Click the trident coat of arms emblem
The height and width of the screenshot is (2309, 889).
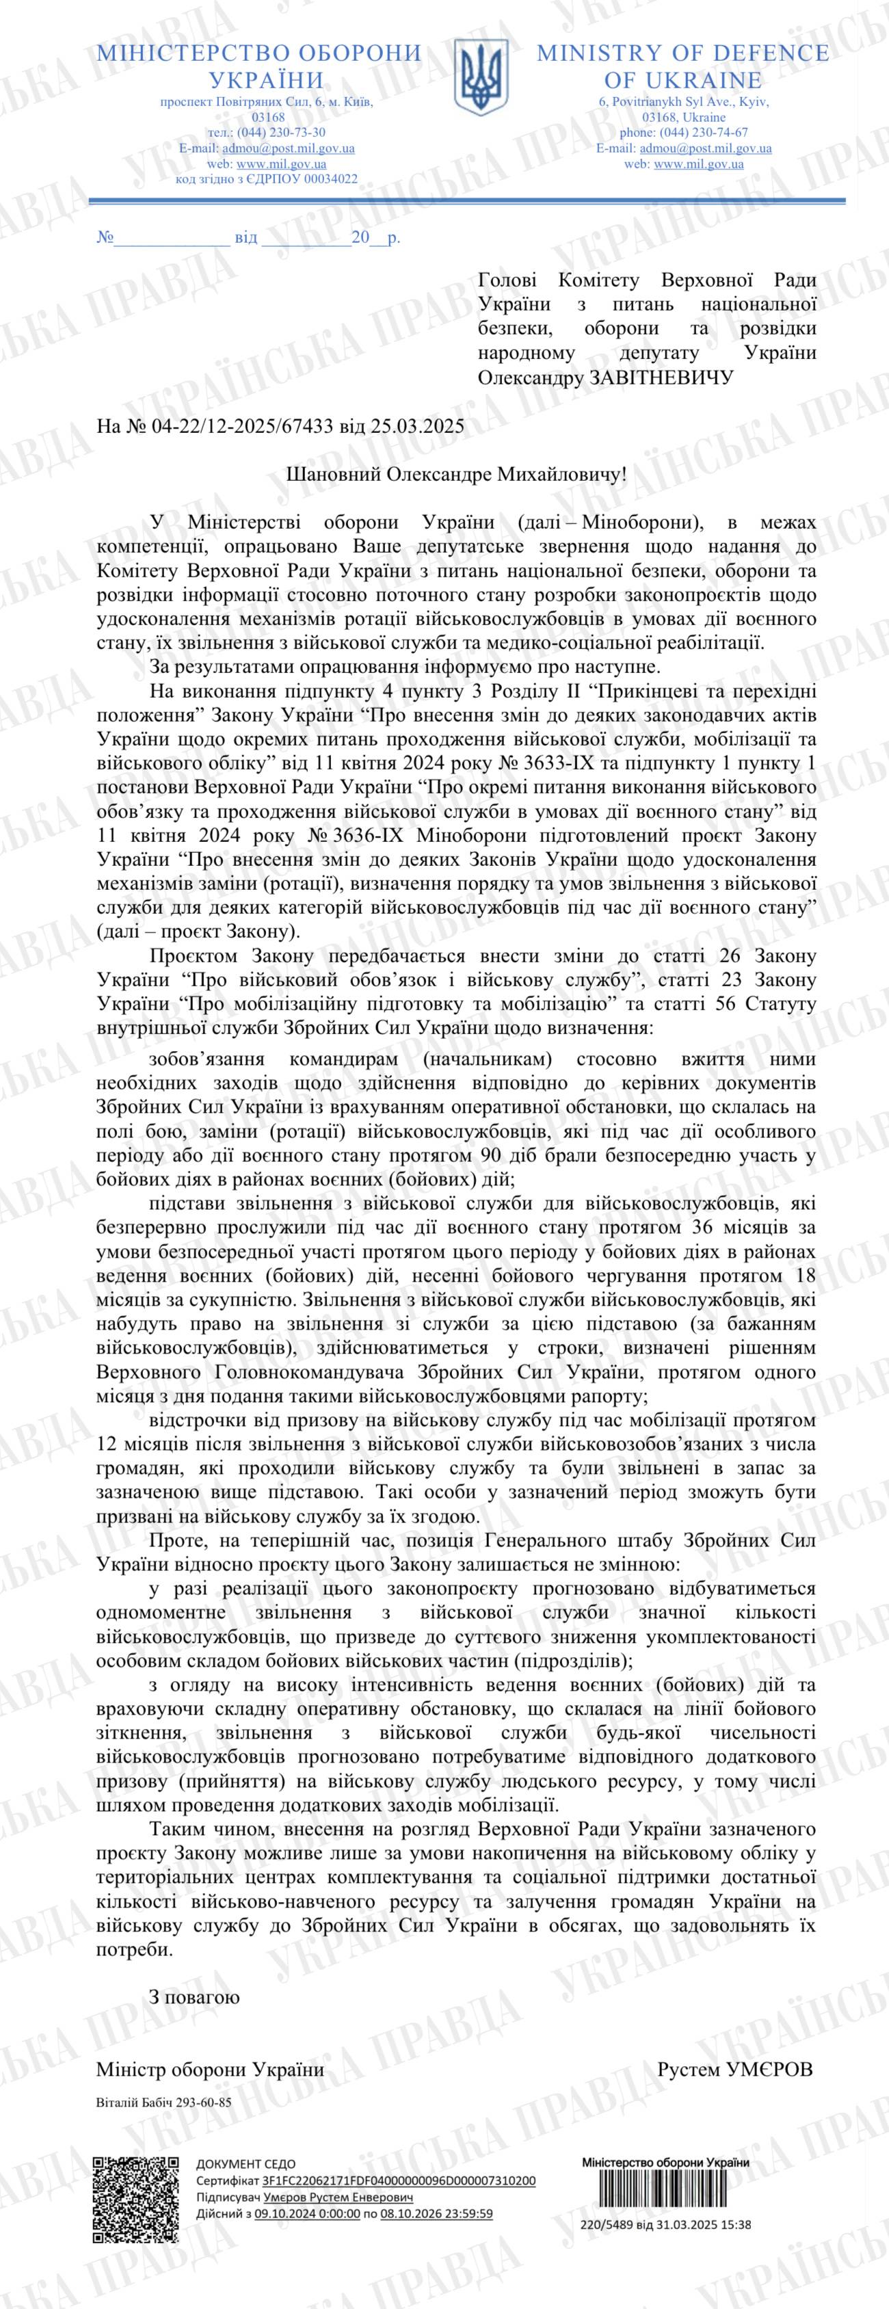click(480, 78)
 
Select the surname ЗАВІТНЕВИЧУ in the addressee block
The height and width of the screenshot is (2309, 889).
click(660, 378)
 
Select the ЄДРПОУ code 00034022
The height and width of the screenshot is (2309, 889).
click(328, 179)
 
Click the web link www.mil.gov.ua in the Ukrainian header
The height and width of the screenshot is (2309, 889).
click(281, 164)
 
